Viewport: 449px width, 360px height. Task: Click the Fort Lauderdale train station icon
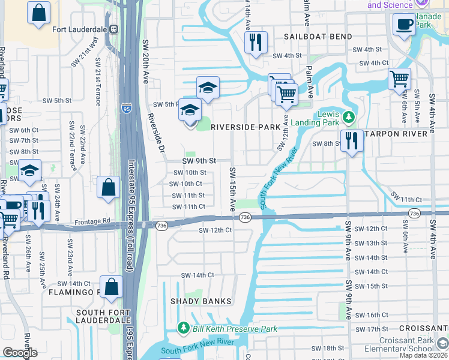(113, 29)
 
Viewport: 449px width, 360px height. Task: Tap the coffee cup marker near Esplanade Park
(404, 25)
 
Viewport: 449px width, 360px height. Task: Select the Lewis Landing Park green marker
(348, 116)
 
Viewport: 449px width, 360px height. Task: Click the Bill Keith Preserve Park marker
(184, 328)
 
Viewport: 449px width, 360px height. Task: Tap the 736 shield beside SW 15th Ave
(244, 216)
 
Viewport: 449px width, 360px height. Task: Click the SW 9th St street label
(199, 161)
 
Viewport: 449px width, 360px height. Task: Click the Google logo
(20, 353)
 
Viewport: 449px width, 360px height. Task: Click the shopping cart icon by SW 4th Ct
(399, 79)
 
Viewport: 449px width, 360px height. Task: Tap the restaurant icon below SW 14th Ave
(256, 42)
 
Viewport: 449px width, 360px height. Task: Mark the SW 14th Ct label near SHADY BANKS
(197, 275)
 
